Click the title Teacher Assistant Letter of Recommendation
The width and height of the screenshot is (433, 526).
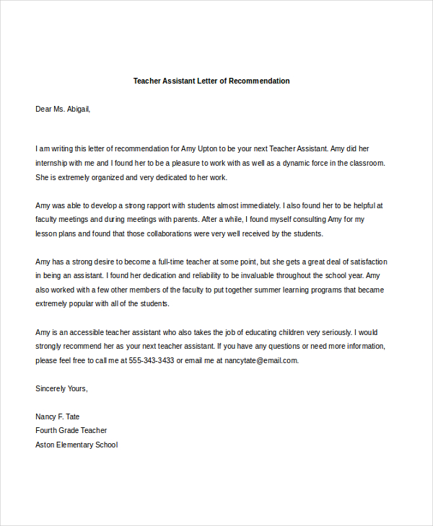[x=211, y=81]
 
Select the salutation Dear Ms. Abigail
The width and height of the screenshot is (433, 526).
[x=64, y=109]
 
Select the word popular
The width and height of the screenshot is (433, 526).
[x=89, y=303]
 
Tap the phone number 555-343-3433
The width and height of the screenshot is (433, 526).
[x=152, y=360]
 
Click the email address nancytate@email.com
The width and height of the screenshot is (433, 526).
[x=261, y=360]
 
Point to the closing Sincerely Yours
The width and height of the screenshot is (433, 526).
[x=62, y=388]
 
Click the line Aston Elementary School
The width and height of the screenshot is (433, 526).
[x=76, y=445]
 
